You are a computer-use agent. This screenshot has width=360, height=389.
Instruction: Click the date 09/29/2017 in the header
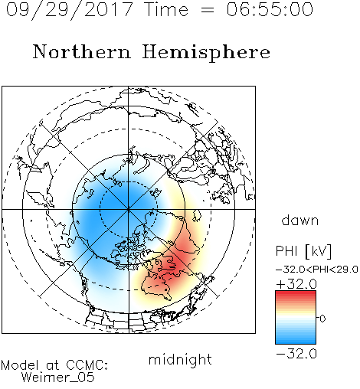70,10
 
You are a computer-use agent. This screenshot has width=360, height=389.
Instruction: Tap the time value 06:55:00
270,9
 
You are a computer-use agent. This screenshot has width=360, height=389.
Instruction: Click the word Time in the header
166,9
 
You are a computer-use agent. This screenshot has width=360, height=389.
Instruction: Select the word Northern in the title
82,51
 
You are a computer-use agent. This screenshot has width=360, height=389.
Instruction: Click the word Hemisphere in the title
206,53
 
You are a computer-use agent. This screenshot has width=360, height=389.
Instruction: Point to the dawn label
300,220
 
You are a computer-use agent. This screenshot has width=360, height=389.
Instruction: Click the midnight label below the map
180,360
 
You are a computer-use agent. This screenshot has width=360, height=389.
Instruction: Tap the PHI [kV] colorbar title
303,251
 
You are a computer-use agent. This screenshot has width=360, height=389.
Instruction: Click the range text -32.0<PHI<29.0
317,270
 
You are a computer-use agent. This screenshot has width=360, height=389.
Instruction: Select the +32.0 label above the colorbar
296,284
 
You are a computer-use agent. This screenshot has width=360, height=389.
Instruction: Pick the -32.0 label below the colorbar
296,354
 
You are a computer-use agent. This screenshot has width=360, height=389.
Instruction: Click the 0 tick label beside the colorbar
322,319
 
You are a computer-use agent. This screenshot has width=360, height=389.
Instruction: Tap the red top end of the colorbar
296,293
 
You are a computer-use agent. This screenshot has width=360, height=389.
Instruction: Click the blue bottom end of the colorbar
296,342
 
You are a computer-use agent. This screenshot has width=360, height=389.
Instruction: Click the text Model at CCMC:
54,365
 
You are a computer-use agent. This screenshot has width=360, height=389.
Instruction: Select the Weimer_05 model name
58,378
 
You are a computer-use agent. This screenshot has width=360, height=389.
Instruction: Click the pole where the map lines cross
129,209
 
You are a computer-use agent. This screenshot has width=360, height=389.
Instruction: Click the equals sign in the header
207,10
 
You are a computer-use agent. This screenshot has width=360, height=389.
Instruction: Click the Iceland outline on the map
197,215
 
